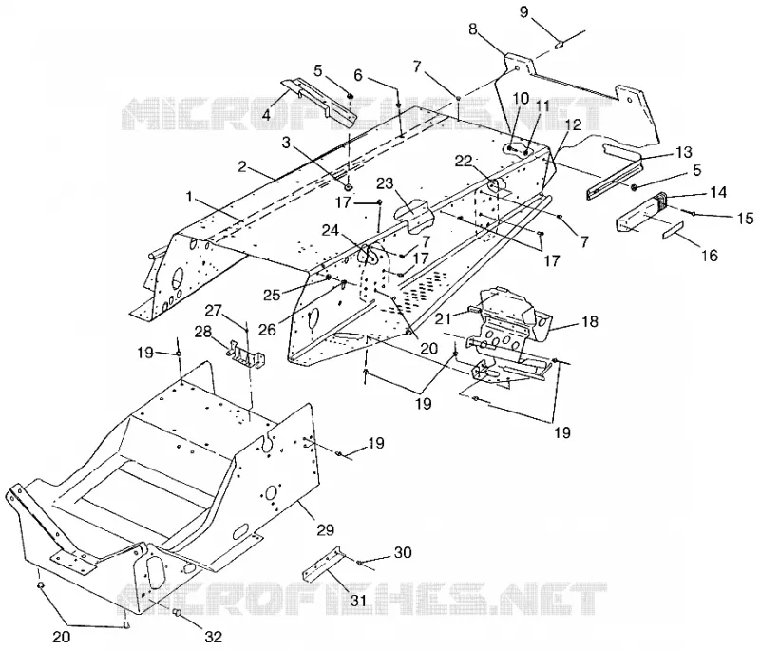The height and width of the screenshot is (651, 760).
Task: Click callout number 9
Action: (524, 11)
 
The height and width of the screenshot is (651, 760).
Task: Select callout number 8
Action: (473, 29)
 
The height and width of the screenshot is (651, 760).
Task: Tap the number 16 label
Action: (710, 255)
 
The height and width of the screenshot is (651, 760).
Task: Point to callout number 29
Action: (326, 529)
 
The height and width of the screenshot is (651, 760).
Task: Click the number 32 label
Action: (213, 637)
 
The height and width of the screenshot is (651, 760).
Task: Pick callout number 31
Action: (359, 600)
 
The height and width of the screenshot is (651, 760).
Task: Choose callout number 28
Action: (202, 332)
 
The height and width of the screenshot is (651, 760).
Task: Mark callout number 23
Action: (385, 184)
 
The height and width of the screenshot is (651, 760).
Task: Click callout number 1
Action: (189, 197)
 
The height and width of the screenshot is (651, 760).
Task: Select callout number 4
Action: (266, 115)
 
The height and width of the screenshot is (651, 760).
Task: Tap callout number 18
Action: (590, 321)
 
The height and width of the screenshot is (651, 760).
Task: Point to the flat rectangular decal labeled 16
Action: (673, 230)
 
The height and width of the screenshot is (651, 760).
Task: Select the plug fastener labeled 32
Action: (178, 613)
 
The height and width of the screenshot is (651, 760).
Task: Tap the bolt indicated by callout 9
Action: (559, 44)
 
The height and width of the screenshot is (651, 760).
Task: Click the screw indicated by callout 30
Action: (359, 563)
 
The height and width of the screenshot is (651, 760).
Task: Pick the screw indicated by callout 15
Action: (693, 212)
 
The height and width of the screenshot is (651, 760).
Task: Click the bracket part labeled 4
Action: (320, 103)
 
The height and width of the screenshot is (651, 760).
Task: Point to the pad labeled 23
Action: (413, 214)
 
